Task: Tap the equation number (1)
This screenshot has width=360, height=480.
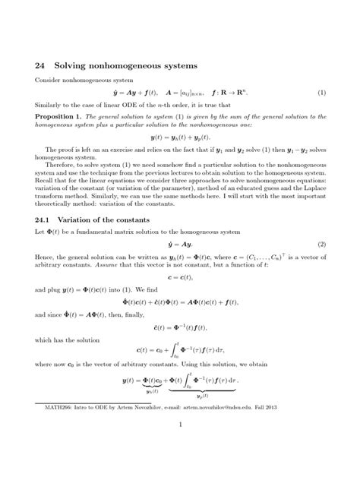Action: pos(321,93)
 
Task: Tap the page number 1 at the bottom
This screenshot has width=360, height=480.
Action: pos(180,447)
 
